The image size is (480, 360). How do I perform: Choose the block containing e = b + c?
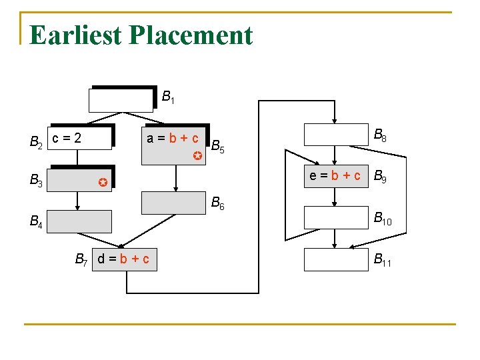point(335,176)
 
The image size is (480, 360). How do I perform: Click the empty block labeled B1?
point(121,100)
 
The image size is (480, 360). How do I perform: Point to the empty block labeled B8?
point(335,135)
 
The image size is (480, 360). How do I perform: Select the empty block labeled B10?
point(335,217)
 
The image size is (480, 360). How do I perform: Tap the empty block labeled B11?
point(335,259)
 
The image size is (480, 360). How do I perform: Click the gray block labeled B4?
point(79,221)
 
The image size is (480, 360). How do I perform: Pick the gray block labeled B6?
point(175,203)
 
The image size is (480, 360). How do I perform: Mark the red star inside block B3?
point(101,181)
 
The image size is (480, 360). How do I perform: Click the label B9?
point(380,177)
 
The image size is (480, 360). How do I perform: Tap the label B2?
point(37,141)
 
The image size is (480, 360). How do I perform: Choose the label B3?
point(37,180)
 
